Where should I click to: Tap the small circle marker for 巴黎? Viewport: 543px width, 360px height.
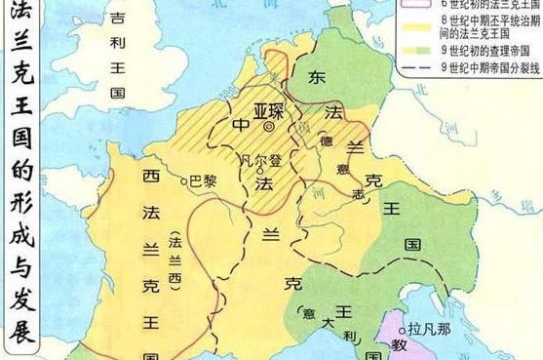(x=184, y=180)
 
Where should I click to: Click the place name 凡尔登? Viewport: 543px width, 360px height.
(x=261, y=158)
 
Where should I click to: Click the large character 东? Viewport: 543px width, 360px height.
(x=318, y=77)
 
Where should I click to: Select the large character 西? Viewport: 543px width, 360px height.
(x=151, y=179)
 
